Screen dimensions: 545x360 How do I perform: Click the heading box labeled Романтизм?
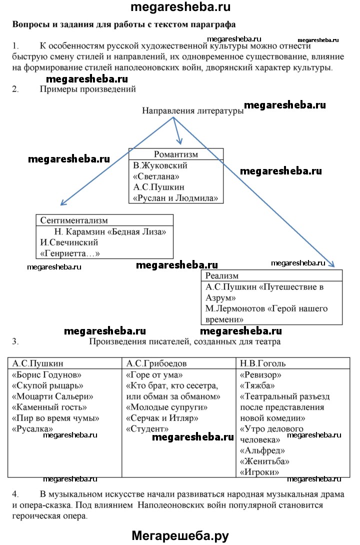point(176,154)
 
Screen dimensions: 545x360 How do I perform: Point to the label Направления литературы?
point(193,111)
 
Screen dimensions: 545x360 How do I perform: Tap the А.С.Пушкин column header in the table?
point(38,363)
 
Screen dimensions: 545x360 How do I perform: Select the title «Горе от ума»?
point(154,375)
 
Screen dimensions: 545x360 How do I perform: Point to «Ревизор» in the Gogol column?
point(260,375)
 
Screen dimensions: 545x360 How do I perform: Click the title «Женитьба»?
point(264,461)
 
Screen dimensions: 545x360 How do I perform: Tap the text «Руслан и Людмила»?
point(175,198)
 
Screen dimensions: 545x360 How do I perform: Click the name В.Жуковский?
point(160,165)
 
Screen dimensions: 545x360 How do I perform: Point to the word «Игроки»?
point(259,472)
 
